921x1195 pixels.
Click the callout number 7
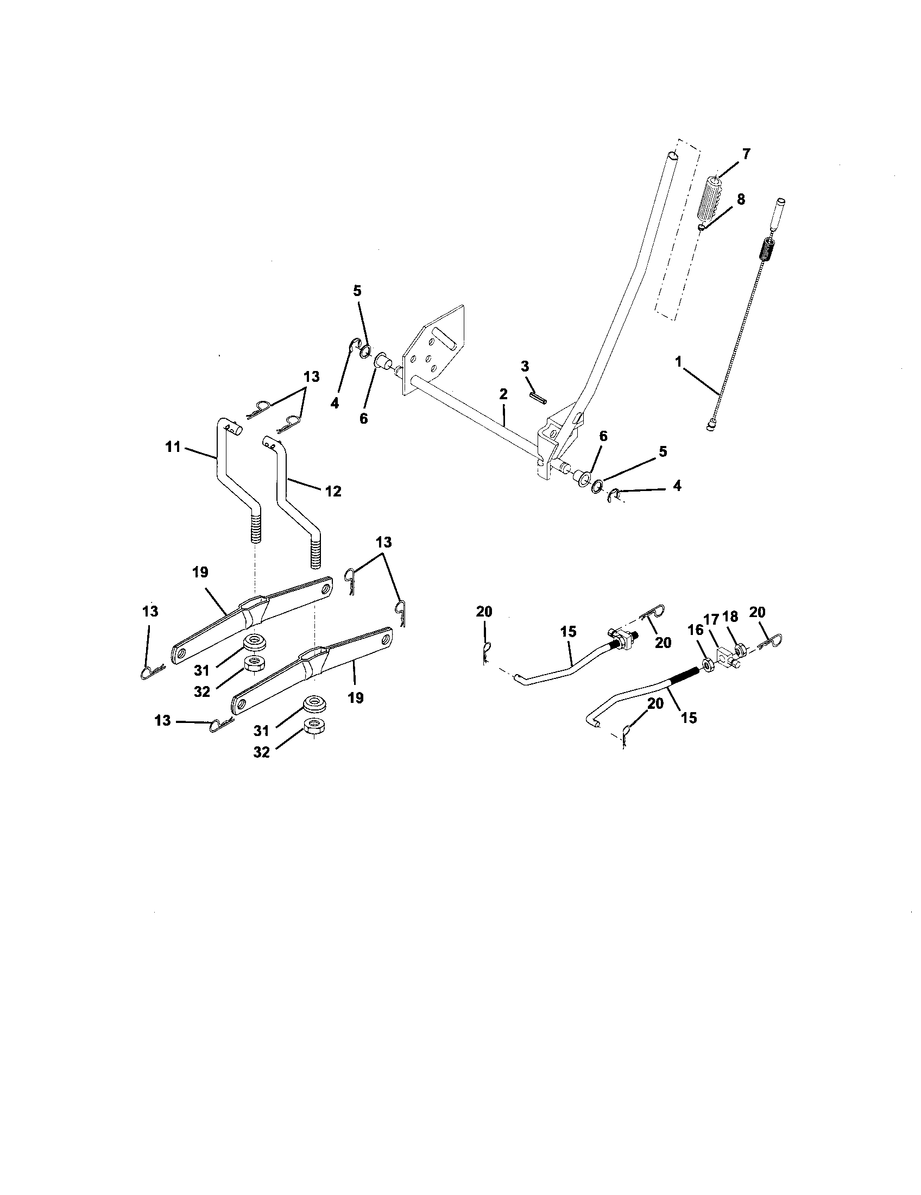pos(746,154)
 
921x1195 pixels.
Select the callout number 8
pos(741,199)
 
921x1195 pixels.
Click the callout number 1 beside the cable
pos(678,362)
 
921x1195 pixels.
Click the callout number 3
pos(525,366)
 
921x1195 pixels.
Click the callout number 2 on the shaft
pos(503,394)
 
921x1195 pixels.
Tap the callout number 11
pos(173,447)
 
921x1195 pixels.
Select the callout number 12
pos(332,492)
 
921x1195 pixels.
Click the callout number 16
pos(696,630)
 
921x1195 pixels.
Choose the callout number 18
pos(730,617)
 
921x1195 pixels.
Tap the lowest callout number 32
pos(262,752)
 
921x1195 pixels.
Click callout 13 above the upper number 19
pos(384,542)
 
